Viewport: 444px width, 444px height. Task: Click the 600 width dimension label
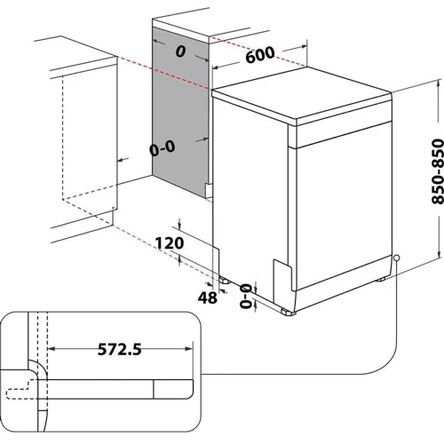pyautogui.click(x=260, y=54)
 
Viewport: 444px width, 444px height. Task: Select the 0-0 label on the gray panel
pyautogui.click(x=163, y=149)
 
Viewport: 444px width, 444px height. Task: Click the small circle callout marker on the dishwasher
pyautogui.click(x=395, y=258)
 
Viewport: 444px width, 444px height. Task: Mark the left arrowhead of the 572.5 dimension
pyautogui.click(x=50, y=348)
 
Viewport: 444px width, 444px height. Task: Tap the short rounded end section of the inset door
pyautogui.click(x=174, y=389)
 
